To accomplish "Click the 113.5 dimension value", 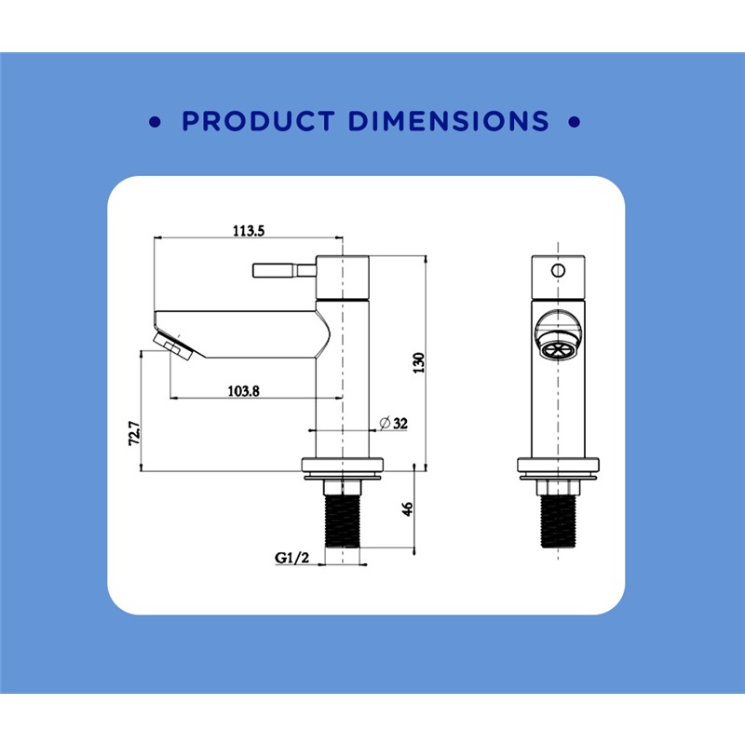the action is (x=248, y=231).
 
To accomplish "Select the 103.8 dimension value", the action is (x=243, y=391).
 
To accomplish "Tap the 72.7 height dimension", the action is (x=134, y=433).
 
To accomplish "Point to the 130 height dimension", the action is (x=418, y=362).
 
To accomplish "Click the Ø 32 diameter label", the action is (x=393, y=423).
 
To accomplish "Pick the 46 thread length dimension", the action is (x=407, y=508).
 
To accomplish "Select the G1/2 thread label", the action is (x=291, y=557).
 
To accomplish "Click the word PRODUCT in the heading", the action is (x=259, y=121).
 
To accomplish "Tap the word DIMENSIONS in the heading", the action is (x=449, y=121).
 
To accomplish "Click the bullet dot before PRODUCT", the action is (x=155, y=122).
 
